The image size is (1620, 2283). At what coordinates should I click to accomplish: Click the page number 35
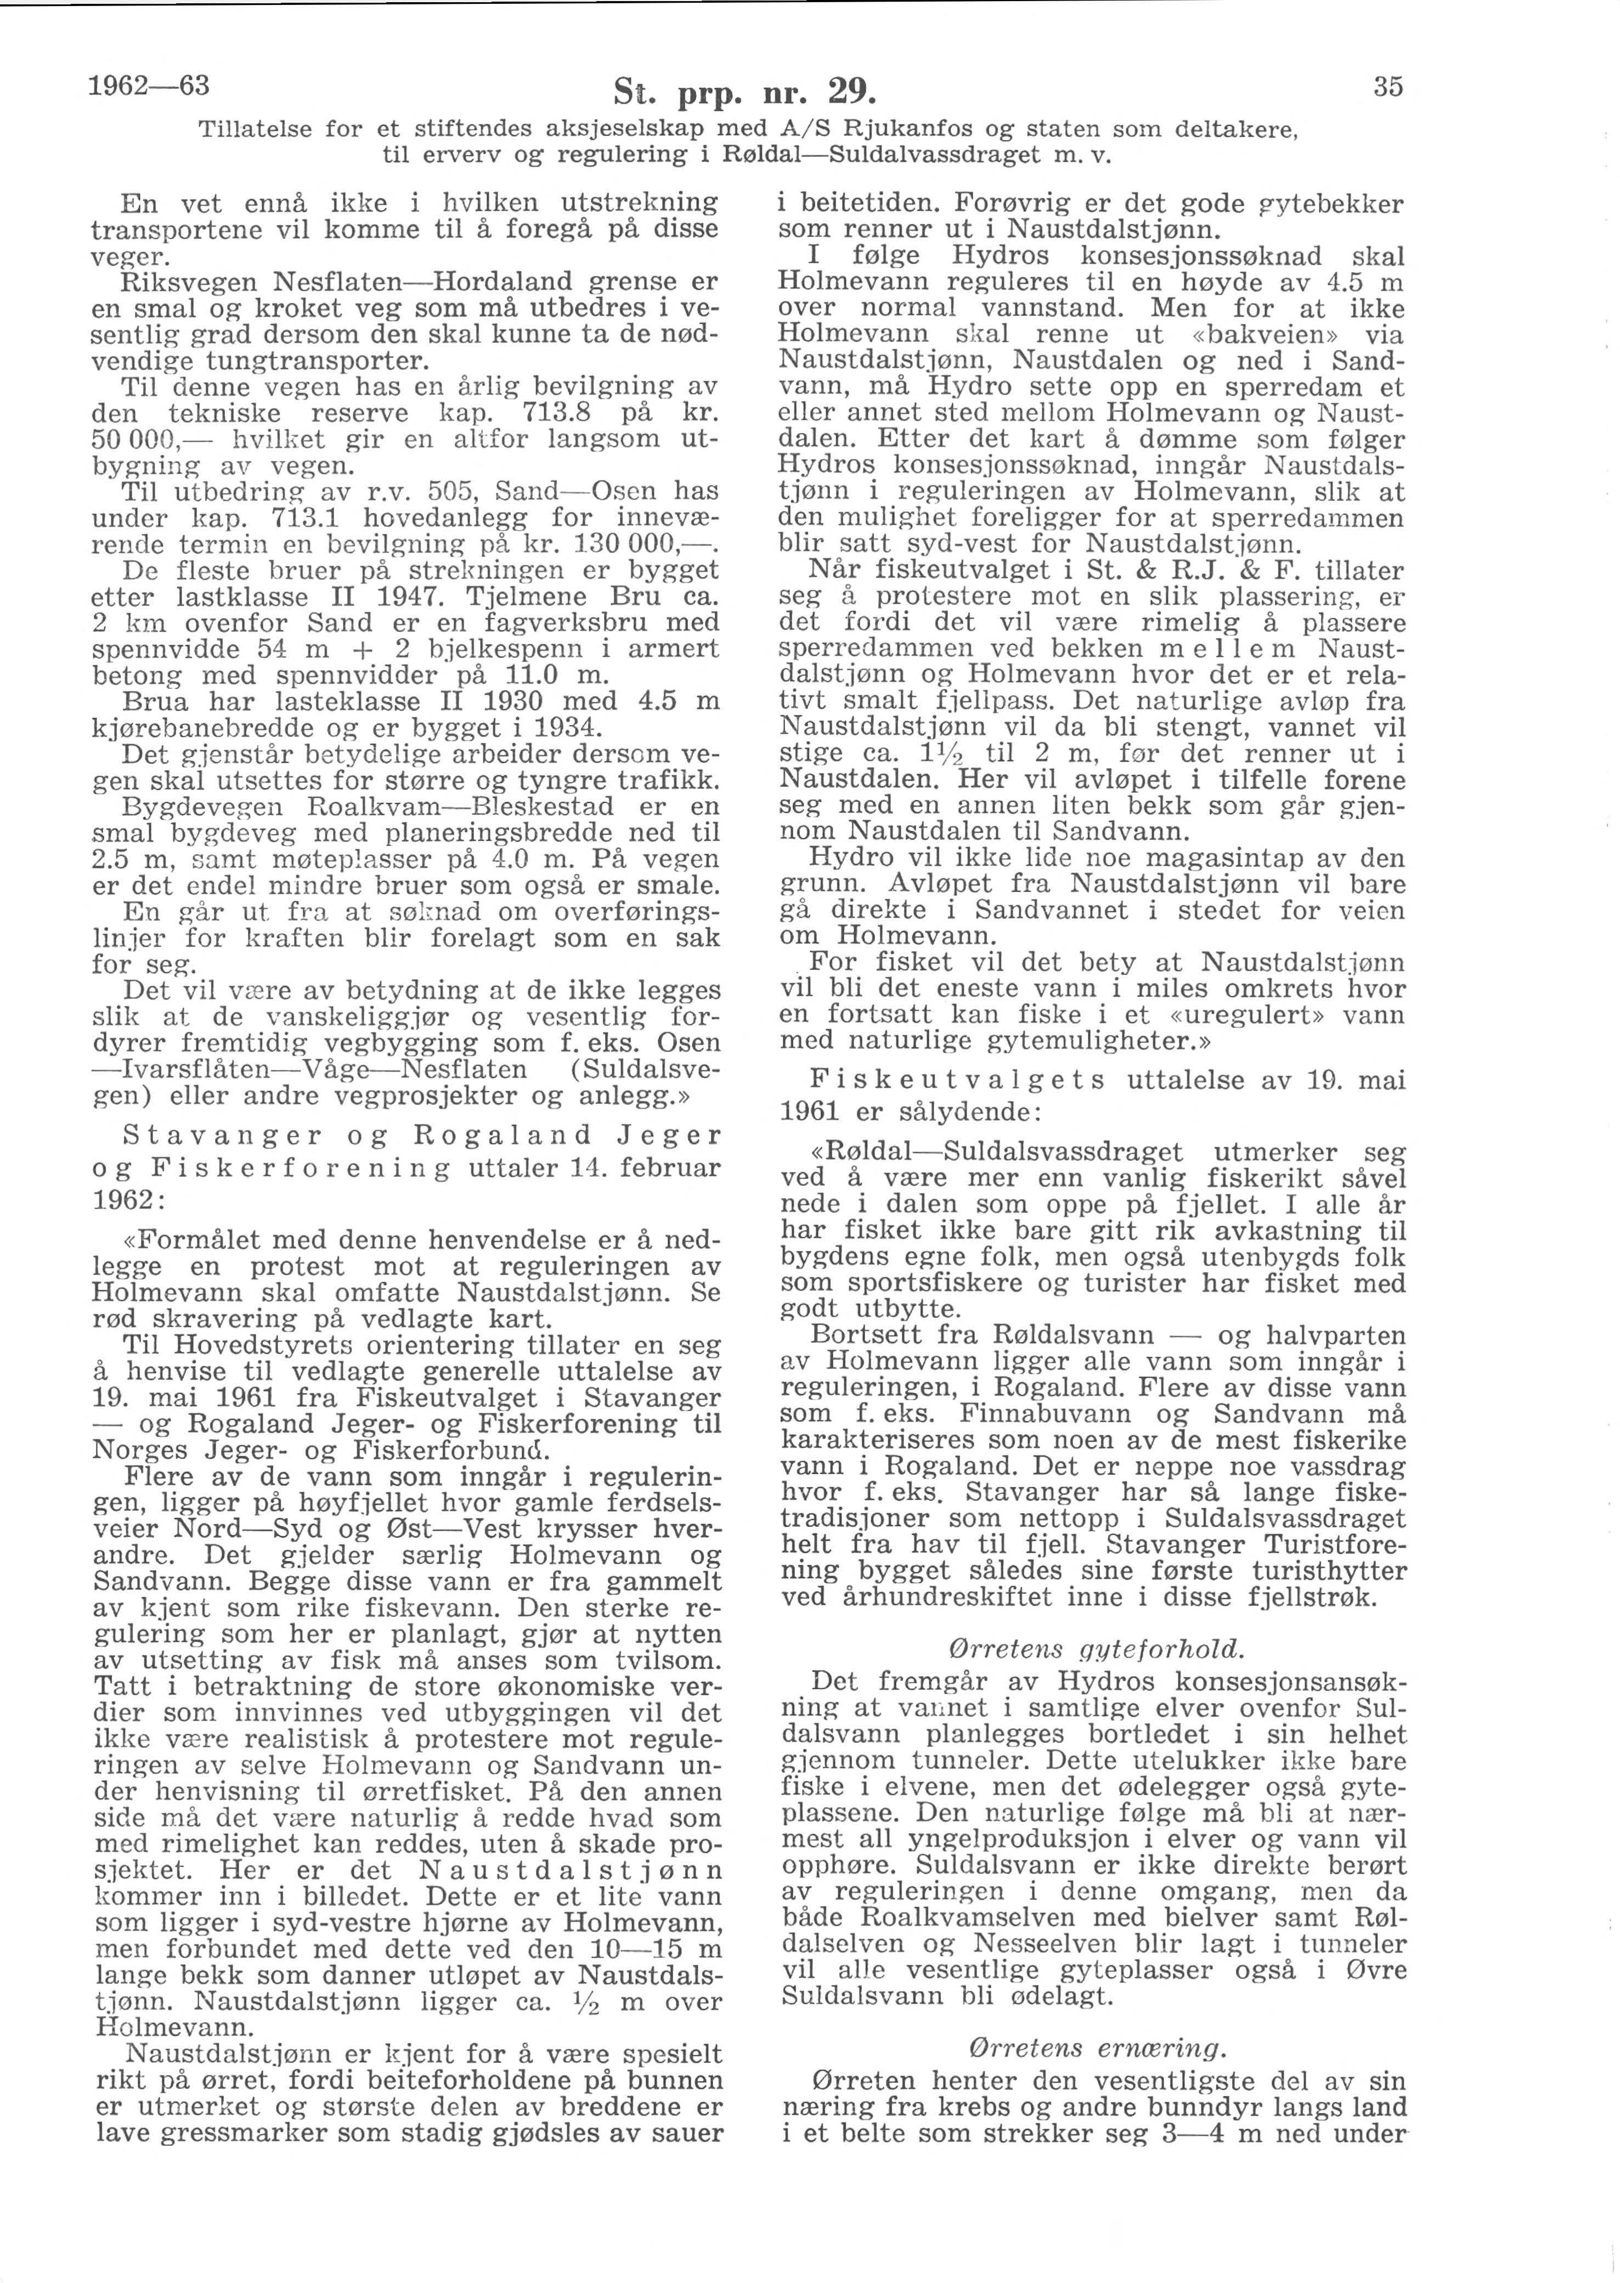coord(1387,88)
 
